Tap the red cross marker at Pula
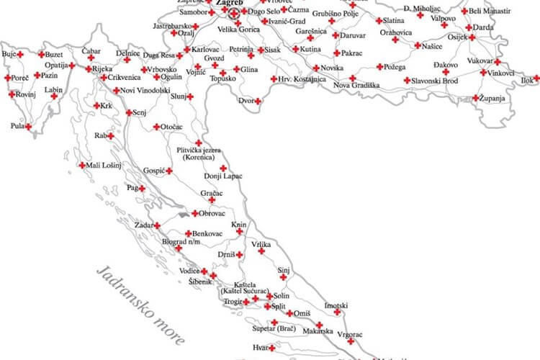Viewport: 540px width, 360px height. [29, 127]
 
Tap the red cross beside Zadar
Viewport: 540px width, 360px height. [157, 225]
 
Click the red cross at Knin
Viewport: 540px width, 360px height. [240, 232]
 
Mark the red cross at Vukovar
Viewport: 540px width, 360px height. [498, 62]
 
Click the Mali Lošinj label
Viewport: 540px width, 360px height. [104, 166]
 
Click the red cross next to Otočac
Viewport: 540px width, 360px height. [156, 127]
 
